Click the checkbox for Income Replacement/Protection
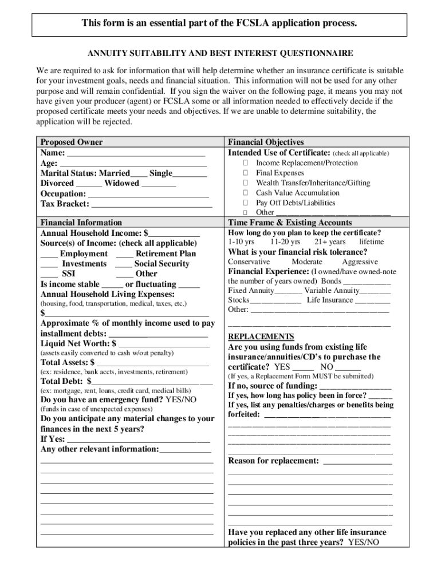245,163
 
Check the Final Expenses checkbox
245,173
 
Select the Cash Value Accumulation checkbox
245,193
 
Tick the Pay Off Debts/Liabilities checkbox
245,203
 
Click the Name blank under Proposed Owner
136,153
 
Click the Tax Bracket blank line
152,204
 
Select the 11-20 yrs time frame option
285,242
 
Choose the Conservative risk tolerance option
249,262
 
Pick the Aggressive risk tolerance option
360,262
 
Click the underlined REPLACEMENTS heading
261,336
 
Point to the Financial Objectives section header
266,142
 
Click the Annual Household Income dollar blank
174,233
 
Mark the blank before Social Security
124,264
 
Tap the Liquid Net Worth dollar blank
163,344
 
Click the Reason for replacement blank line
357,461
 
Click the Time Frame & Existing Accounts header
290,223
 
